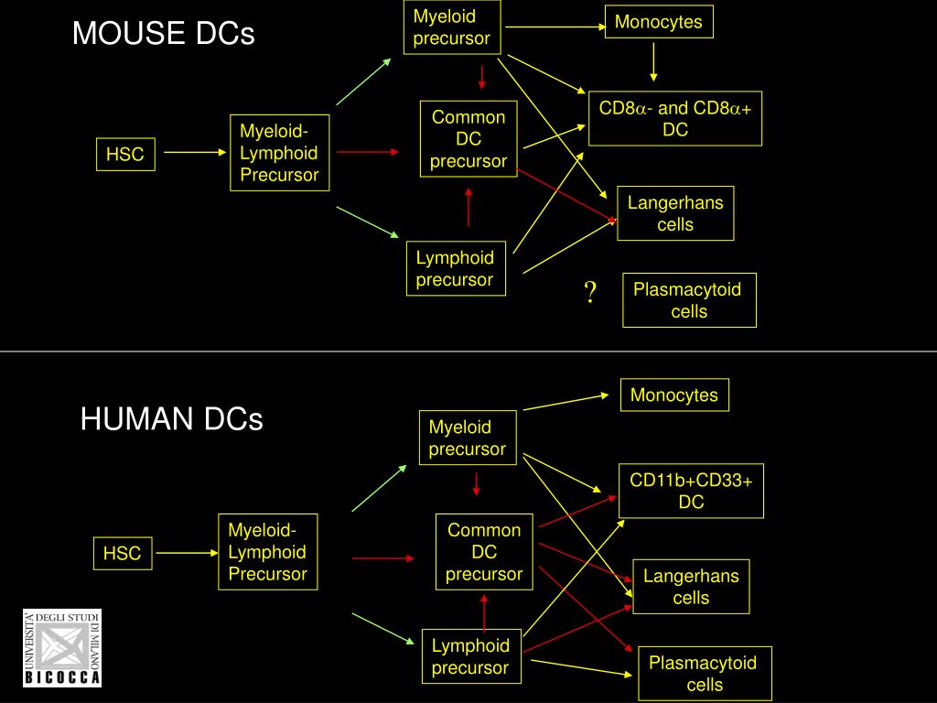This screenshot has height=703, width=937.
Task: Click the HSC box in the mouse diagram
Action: coord(124,155)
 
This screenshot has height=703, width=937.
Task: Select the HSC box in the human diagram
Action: coord(122,553)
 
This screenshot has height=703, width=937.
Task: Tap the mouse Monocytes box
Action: coord(658,22)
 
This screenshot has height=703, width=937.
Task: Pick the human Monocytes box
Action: coord(674,395)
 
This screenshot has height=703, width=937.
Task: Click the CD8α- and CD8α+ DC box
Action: coord(675,119)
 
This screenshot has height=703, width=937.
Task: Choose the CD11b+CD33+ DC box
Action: coord(691,492)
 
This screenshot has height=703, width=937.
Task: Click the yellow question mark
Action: coord(591,293)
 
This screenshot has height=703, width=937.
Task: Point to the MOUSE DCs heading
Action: coord(164,34)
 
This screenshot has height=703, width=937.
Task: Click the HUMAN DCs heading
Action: coord(171,419)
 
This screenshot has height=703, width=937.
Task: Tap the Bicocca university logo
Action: coord(62,647)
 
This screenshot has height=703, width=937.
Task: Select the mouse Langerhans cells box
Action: coord(675,213)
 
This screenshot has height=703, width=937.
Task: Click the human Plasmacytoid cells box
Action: coord(703,674)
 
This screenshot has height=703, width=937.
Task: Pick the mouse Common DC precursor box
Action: coord(468,139)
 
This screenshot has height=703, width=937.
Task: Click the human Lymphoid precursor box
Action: coord(470,656)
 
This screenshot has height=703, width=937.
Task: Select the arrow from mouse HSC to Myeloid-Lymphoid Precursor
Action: coord(189,154)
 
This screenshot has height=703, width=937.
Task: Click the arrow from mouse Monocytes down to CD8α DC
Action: coord(653,62)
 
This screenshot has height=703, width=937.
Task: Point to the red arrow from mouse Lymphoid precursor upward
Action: coord(468,207)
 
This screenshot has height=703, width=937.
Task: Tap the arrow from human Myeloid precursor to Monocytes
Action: coord(565,402)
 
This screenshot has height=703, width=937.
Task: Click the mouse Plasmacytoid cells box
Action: coord(689,300)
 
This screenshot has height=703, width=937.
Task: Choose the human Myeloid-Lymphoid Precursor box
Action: coord(267,552)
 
